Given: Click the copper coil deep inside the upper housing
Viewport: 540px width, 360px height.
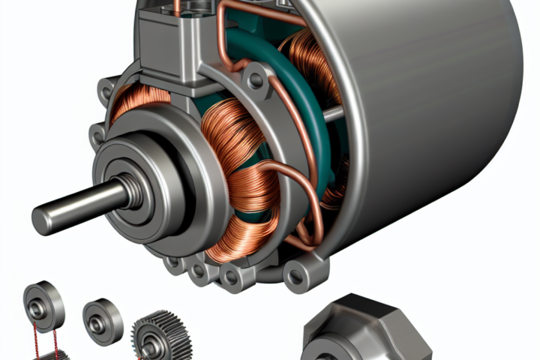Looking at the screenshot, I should (307, 60).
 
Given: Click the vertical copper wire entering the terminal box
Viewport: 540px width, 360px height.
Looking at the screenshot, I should (177, 7).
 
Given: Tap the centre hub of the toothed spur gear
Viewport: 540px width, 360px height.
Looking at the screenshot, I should (153, 344).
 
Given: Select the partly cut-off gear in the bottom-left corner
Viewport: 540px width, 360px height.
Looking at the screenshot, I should (52, 355).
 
